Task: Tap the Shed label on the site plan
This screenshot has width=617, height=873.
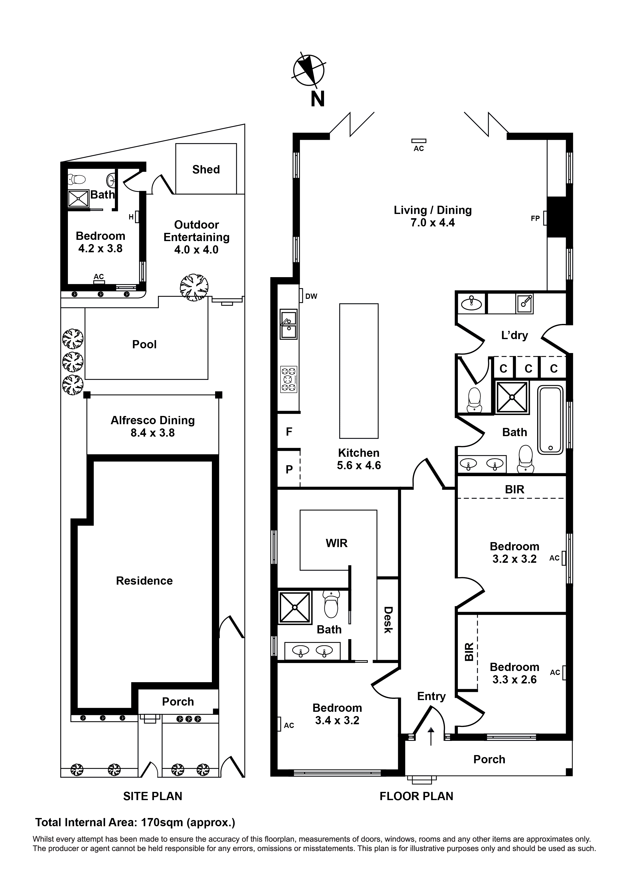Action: coord(206,170)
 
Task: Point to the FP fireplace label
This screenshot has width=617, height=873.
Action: coord(535,219)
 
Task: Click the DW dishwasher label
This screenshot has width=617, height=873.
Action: coord(311,297)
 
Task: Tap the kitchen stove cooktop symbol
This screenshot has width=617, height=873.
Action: coord(288,379)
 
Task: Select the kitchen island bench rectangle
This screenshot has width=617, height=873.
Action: coord(359,371)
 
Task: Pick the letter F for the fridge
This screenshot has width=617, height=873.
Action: coord(289,432)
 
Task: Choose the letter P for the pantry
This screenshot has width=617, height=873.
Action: coord(289,469)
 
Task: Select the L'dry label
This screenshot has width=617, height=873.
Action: coord(514,335)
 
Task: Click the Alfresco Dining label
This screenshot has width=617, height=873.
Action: coord(152,420)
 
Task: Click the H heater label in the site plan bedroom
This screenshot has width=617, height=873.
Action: coord(131,217)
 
